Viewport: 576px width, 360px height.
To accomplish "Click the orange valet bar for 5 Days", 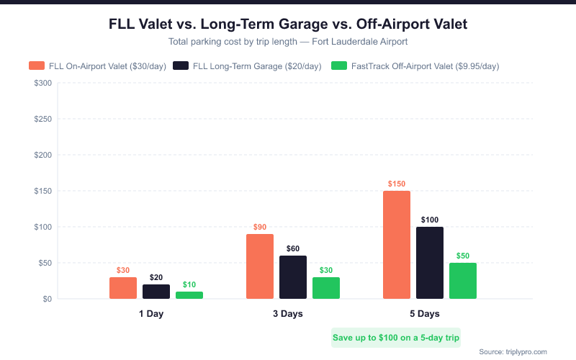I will pyautogui.click(x=397, y=245).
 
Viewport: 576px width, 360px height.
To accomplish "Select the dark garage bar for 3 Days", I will pyautogui.click(x=293, y=277).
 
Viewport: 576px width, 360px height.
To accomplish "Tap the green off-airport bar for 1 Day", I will pyautogui.click(x=189, y=295).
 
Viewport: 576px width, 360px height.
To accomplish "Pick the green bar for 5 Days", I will pyautogui.click(x=463, y=281).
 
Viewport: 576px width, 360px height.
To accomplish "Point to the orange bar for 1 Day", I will pyautogui.click(x=123, y=288).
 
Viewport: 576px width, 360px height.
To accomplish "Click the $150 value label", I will pyautogui.click(x=397, y=184).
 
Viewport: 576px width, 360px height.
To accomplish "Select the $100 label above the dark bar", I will pyautogui.click(x=430, y=220).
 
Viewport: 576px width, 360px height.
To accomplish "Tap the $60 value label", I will pyautogui.click(x=293, y=249).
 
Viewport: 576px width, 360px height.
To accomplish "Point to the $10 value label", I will pyautogui.click(x=189, y=285).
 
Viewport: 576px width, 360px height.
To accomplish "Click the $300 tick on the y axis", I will pyautogui.click(x=42, y=84).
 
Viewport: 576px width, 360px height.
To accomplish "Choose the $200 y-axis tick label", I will pyautogui.click(x=42, y=156).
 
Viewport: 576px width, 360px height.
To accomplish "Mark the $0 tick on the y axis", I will pyautogui.click(x=47, y=299).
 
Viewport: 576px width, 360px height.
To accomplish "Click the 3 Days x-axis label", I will pyautogui.click(x=287, y=314).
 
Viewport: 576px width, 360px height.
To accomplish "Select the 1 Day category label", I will pyautogui.click(x=151, y=314).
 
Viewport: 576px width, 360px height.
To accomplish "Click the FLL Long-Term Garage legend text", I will pyautogui.click(x=257, y=66).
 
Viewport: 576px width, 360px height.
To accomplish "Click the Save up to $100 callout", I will pyautogui.click(x=396, y=337).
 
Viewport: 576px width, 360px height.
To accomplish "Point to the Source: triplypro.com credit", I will pyautogui.click(x=513, y=351).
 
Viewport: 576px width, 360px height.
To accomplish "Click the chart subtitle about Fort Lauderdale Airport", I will pyautogui.click(x=288, y=42).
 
